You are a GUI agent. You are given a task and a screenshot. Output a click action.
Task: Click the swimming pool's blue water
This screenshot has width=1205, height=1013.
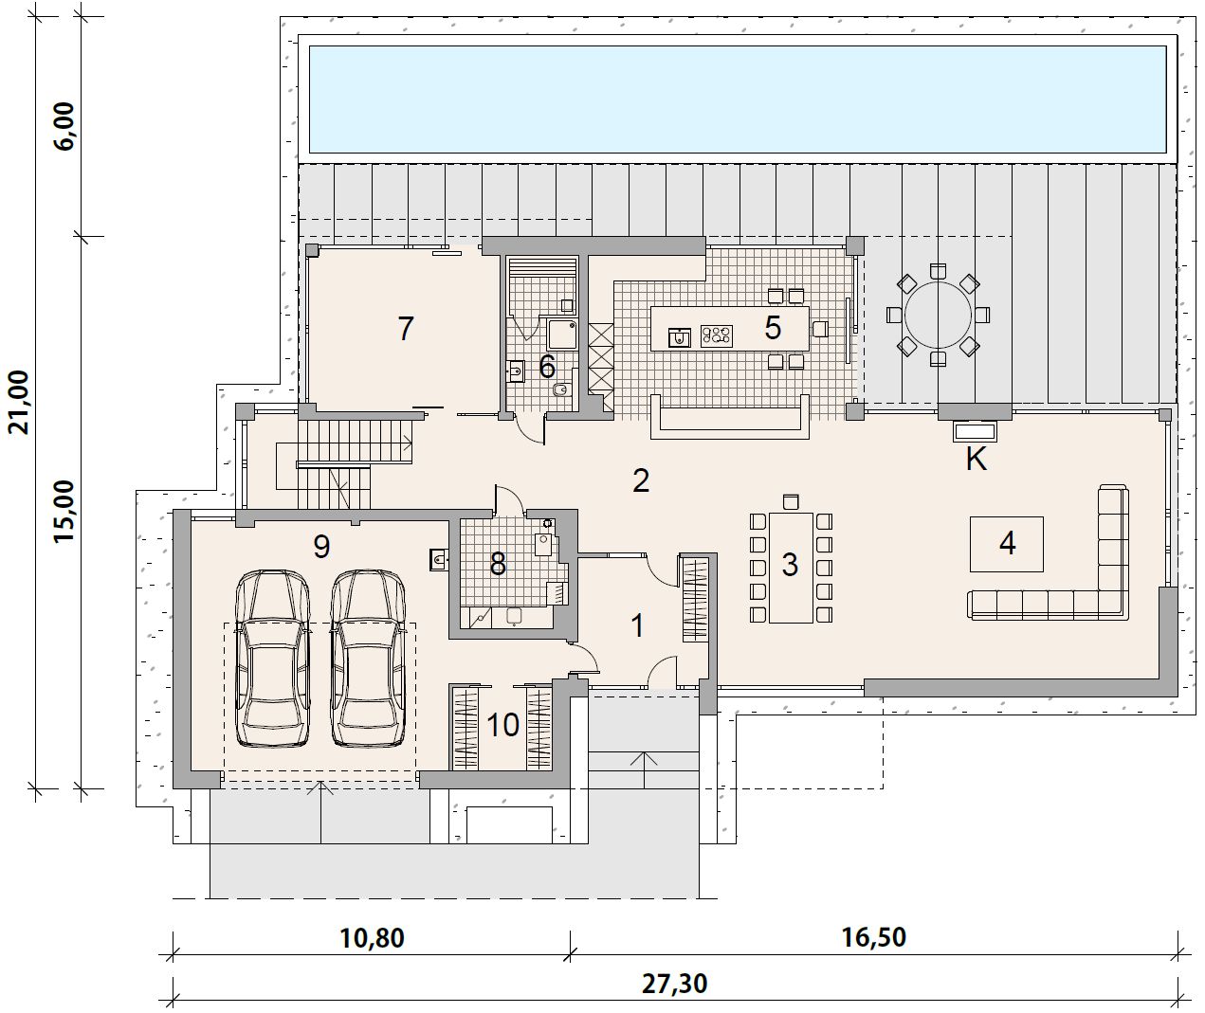click(738, 99)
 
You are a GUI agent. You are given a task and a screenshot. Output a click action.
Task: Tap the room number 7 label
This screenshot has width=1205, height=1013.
click(406, 328)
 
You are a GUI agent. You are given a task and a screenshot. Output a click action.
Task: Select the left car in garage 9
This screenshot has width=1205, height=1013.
click(272, 660)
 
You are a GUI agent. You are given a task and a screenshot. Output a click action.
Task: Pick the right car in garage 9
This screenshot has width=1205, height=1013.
click(368, 660)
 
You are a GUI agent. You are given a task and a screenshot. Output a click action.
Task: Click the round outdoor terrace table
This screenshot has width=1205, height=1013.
click(938, 315)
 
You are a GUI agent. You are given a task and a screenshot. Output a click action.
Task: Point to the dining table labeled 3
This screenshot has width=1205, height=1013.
click(791, 568)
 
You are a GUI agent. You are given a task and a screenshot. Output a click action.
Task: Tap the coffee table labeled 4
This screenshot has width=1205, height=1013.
click(1007, 544)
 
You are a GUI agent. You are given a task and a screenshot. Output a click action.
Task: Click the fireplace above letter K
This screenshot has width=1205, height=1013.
click(975, 431)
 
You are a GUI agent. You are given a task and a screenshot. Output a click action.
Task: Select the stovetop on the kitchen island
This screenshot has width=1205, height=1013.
click(716, 335)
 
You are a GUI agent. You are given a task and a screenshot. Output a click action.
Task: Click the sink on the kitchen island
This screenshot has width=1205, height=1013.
click(679, 337)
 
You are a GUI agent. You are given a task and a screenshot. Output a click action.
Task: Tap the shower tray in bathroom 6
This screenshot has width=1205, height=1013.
click(558, 333)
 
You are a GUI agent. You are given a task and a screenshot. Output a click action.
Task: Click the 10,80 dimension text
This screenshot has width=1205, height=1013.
click(372, 938)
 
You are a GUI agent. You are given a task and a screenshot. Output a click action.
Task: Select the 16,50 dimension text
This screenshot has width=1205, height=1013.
click(874, 937)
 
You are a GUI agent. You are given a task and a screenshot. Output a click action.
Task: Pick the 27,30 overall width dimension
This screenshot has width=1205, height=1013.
click(675, 984)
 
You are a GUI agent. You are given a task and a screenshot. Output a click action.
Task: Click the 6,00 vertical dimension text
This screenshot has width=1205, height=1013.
click(64, 126)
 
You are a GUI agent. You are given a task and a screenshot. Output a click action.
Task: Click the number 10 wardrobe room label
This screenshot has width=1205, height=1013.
click(502, 725)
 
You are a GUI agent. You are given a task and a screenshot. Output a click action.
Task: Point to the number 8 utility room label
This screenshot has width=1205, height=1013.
click(498, 564)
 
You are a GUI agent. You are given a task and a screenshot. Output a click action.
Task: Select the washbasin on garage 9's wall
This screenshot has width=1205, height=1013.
click(438, 559)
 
